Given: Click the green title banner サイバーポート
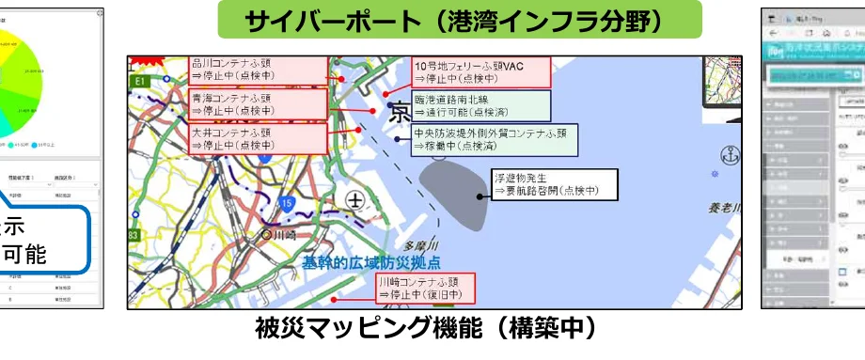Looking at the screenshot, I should [x=460, y=19].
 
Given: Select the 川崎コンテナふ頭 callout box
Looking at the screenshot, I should [x=425, y=289].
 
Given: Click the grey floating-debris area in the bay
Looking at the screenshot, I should [x=454, y=194].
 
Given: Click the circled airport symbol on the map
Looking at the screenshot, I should [x=354, y=200].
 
